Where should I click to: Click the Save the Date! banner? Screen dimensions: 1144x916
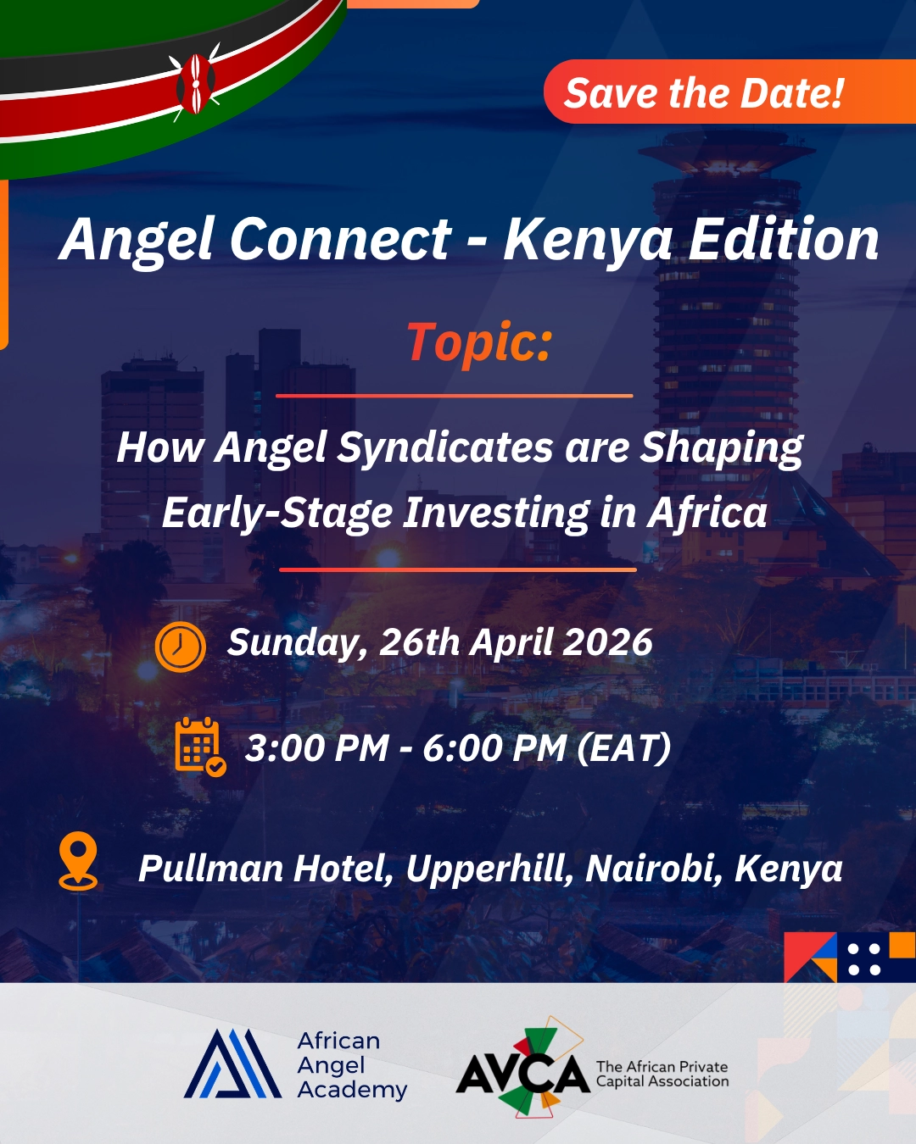704,92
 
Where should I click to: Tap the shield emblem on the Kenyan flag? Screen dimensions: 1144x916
196,84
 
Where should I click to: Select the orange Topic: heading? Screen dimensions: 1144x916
479,342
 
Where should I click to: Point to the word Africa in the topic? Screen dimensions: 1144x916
707,513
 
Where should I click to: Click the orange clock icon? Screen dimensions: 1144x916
181,647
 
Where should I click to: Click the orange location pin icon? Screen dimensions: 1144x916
78,861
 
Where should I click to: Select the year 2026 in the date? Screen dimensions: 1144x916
607,642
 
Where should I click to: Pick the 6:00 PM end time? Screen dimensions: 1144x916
494,748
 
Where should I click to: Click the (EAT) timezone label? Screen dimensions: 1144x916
624,748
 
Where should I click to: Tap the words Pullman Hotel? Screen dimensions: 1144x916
265,869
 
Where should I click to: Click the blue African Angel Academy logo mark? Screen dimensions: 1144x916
232,1064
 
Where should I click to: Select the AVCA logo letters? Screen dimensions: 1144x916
522,1074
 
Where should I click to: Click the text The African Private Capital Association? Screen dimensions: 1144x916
662,1074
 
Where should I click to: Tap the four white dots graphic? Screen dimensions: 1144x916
864,958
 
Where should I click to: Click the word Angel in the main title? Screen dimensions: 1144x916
137,240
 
